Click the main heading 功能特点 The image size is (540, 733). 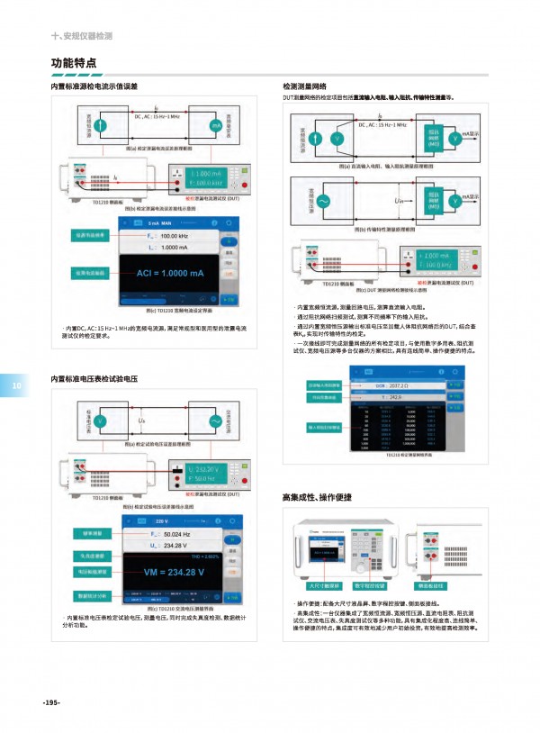pyautogui.click(x=75, y=63)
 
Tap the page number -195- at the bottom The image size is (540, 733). pyautogui.click(x=50, y=701)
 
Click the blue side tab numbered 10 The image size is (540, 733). pyautogui.click(x=16, y=387)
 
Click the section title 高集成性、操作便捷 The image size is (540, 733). pyautogui.click(x=314, y=497)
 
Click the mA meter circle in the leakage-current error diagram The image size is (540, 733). pyautogui.click(x=215, y=125)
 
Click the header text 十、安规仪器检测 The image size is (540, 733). pyautogui.click(x=83, y=36)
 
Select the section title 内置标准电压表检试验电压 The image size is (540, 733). pyautogui.click(x=98, y=380)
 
